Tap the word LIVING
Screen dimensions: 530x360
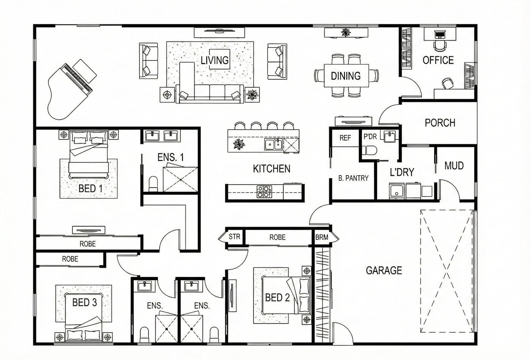tap(215, 60)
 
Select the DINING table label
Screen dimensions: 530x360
tap(346, 76)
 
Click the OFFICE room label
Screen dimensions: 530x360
tap(438, 60)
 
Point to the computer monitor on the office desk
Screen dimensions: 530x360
tap(440, 35)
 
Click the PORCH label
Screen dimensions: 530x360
tap(440, 123)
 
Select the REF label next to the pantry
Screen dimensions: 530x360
tap(345, 138)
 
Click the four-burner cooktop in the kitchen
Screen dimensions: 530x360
tap(264, 192)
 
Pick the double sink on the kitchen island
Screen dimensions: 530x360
tap(273, 144)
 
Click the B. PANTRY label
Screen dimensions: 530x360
tap(353, 178)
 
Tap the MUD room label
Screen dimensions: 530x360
tap(454, 165)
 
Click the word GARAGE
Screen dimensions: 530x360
tap(384, 270)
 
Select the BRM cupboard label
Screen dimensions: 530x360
tap(322, 237)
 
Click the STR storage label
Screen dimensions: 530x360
tap(234, 237)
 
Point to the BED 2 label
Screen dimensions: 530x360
tap(277, 298)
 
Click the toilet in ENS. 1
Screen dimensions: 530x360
tap(153, 184)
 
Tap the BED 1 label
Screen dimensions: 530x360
tap(90, 189)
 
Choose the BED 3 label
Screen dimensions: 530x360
tap(84, 302)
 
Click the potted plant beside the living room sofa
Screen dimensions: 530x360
tap(252, 95)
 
